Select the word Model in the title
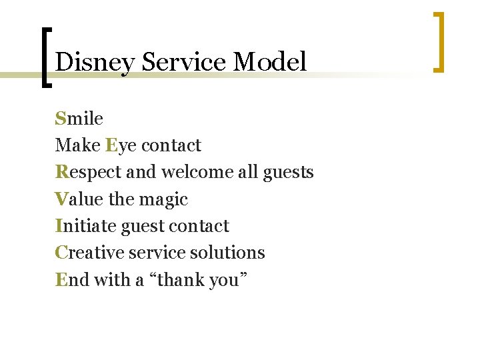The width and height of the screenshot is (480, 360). point(270,62)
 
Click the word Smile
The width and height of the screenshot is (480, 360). point(79,119)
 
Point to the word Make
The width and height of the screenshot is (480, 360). point(77,145)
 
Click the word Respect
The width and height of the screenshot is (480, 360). point(88,172)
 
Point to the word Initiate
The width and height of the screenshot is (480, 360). point(85,226)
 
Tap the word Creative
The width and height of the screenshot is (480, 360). point(87,253)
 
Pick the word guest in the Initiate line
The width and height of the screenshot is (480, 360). point(142,227)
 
